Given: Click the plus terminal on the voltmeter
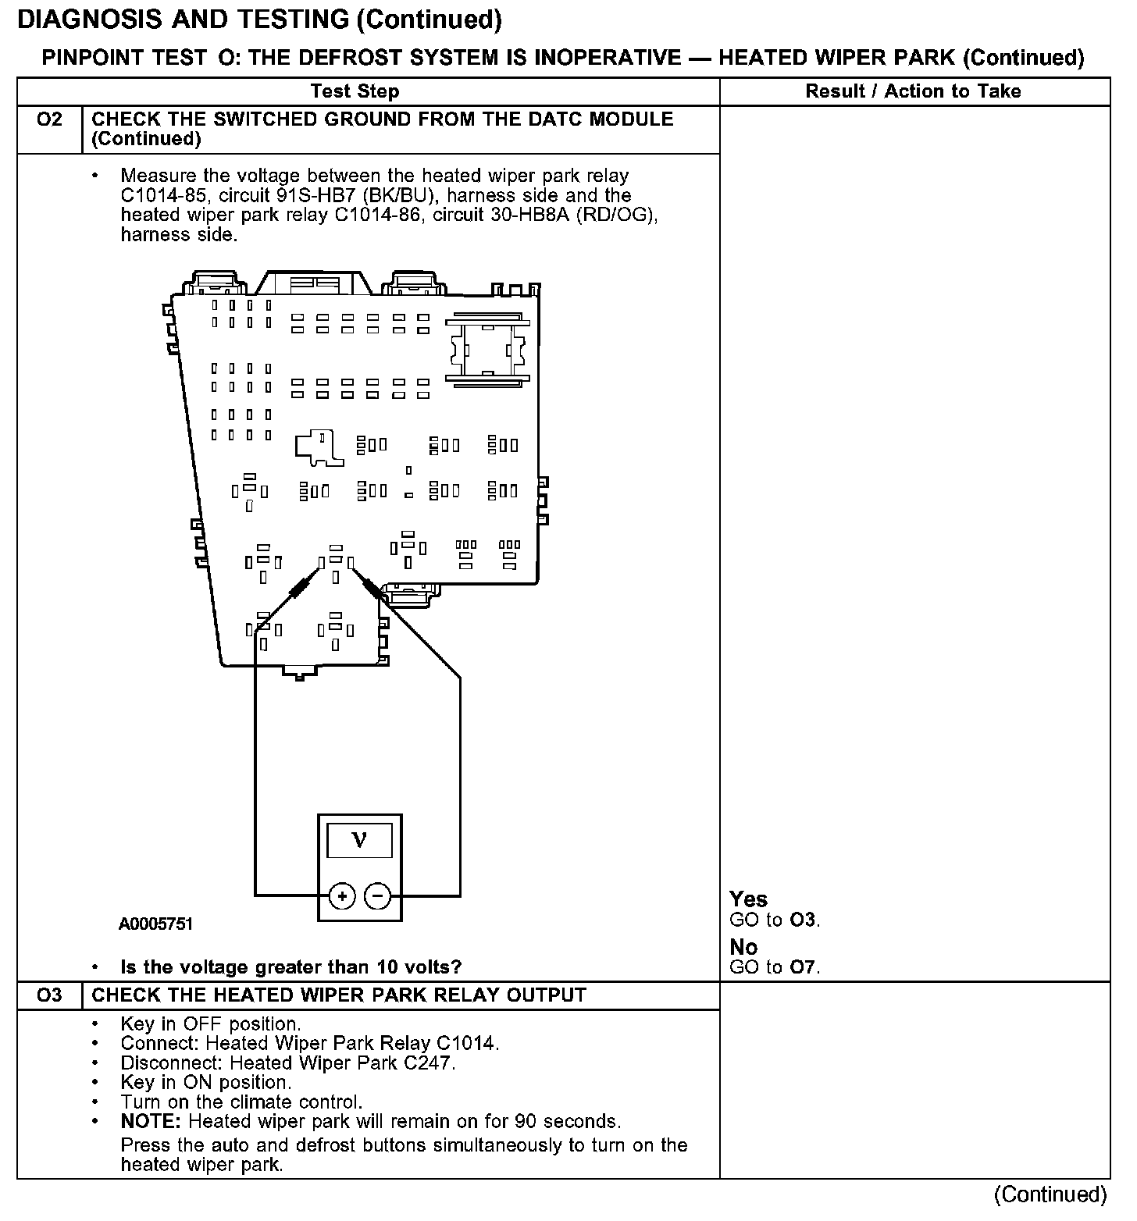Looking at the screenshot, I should coord(342,896).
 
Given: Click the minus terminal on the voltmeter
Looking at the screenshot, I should coord(378,896).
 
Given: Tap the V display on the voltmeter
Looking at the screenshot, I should coord(359,840).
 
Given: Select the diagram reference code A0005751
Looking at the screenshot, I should coord(155,924).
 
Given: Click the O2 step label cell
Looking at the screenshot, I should coord(49,120).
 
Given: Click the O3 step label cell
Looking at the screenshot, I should coord(49,995).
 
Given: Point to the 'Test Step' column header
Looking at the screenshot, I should coord(355,91).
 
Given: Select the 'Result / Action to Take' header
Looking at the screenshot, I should coord(913,91).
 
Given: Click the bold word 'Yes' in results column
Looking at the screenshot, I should coord(748,899).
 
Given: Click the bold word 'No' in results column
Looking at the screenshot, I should coord(743,947).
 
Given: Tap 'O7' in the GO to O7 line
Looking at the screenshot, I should coord(804,968).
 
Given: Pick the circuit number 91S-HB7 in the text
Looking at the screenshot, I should coord(312,196).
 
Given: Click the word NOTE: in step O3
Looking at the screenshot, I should coord(151,1122).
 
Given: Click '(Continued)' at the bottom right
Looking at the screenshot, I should coord(1050,1194).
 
